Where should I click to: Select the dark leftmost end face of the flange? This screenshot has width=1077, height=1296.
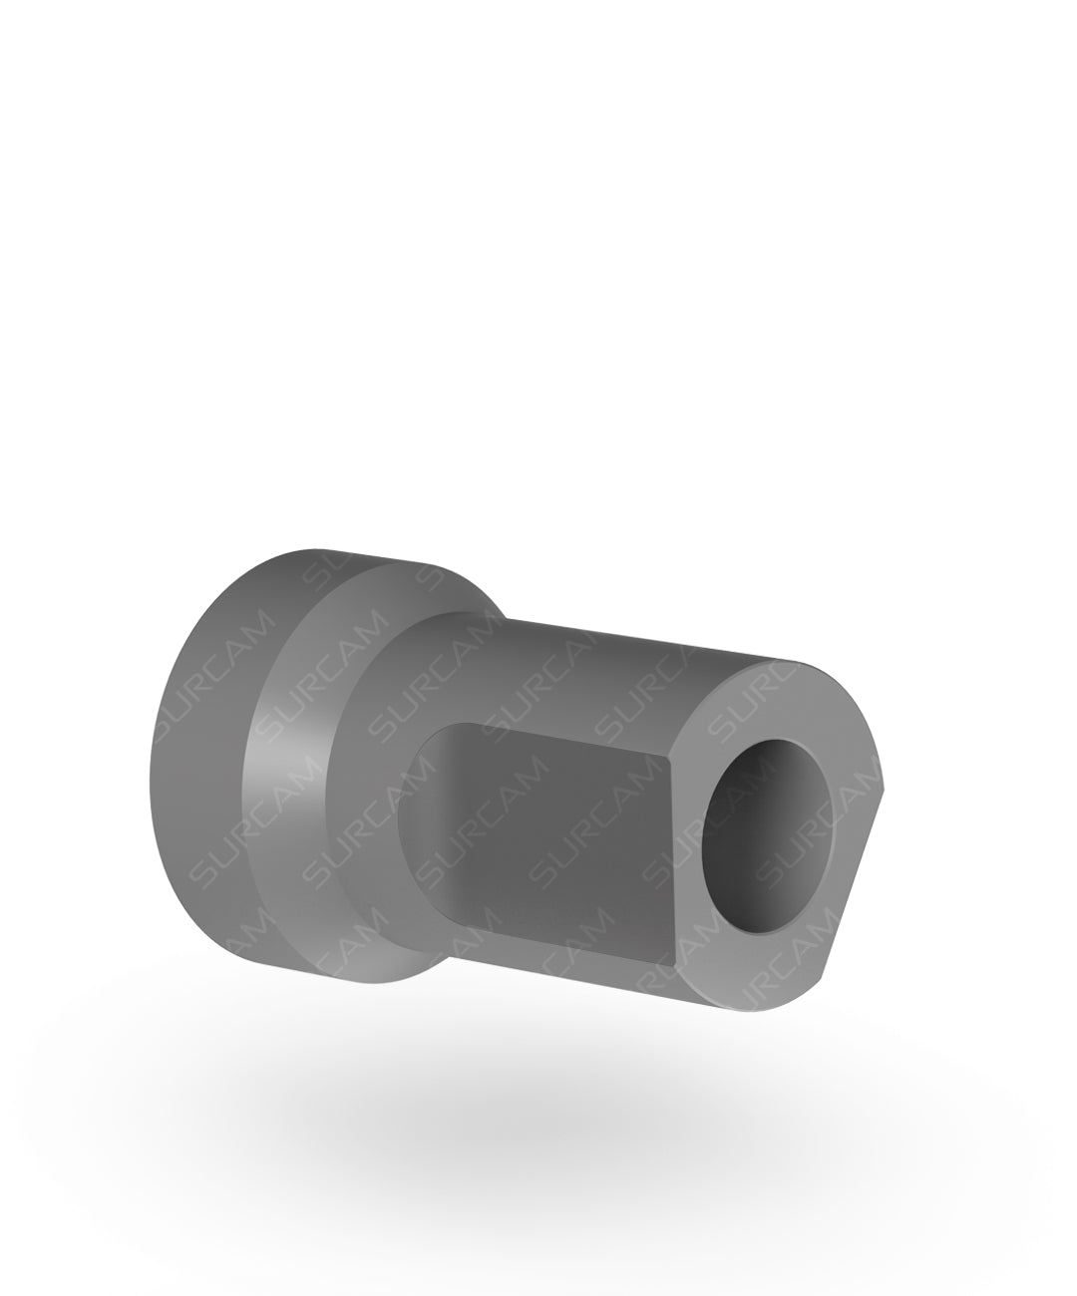[x=199, y=768]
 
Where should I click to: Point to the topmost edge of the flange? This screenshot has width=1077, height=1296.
[x=319, y=550]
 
